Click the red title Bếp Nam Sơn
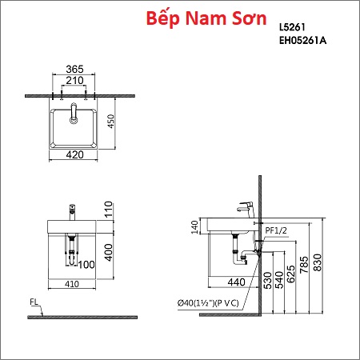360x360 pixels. [x=206, y=18]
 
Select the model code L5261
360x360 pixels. [x=292, y=27]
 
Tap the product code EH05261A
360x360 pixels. [x=303, y=41]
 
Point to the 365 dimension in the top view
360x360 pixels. [x=74, y=69]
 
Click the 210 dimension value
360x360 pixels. [x=74, y=80]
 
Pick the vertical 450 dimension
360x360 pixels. [x=111, y=122]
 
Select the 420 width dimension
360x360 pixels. [x=74, y=154]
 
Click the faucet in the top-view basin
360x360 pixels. [x=74, y=114]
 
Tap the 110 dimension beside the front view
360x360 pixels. [x=109, y=210]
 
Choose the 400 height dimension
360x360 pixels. [x=109, y=252]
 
